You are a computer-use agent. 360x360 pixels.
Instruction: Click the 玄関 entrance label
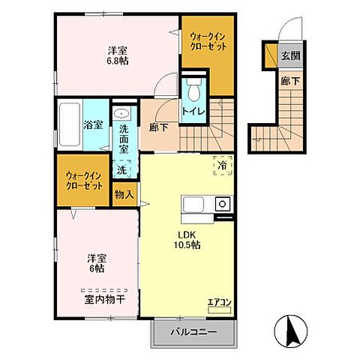290,55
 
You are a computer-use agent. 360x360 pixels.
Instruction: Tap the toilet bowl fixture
193,90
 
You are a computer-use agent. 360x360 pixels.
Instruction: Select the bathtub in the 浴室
70,124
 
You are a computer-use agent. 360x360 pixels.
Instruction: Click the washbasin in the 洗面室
121,114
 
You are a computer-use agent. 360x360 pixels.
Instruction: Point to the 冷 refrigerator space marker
223,166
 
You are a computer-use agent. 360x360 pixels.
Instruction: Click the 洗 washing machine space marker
122,169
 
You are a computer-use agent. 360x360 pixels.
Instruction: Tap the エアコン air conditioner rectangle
220,310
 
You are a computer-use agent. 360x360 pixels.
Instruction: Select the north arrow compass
291,331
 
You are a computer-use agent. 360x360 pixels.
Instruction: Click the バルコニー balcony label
193,332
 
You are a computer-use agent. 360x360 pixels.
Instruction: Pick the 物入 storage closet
124,194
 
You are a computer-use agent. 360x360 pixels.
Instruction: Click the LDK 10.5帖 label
187,240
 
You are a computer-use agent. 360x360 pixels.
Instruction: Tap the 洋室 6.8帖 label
118,56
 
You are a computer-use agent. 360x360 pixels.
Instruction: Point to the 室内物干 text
105,300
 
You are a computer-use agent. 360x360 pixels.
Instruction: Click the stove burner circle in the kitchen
223,204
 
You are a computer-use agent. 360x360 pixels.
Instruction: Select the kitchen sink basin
193,205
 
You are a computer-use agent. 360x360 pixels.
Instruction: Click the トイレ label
193,112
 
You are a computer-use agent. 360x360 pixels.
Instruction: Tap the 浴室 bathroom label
93,125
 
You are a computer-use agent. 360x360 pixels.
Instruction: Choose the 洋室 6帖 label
97,263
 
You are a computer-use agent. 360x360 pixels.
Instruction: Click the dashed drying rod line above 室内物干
104,291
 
